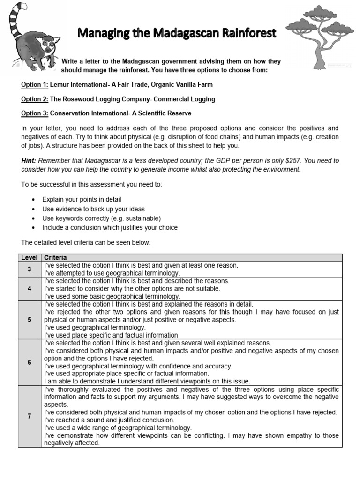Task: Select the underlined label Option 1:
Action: pyautogui.click(x=35, y=85)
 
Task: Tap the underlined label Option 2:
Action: pyautogui.click(x=35, y=99)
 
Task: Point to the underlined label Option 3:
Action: pyautogui.click(x=35, y=113)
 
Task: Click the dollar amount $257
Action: pyautogui.click(x=278, y=161)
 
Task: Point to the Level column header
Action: pyautogui.click(x=29, y=258)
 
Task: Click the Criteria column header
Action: pyautogui.click(x=55, y=258)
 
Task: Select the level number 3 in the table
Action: pyautogui.click(x=29, y=269)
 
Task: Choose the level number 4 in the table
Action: pyautogui.click(x=29, y=289)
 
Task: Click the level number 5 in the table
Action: pyautogui.click(x=29, y=320)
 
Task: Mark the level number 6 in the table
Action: pyautogui.click(x=29, y=362)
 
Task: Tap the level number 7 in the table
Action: pyautogui.click(x=29, y=416)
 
